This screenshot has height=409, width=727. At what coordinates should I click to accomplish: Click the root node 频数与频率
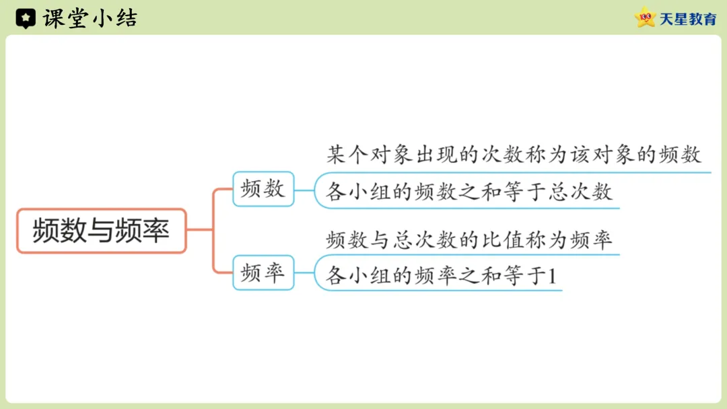coord(101,231)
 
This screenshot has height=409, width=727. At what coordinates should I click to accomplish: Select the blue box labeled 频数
coord(263,189)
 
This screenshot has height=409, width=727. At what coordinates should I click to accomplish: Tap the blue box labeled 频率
coord(263,273)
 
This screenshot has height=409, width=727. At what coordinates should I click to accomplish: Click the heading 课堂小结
coord(90,18)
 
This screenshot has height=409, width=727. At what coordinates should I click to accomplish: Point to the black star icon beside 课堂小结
coord(26,19)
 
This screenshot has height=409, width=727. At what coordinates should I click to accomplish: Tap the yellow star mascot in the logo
coord(646,17)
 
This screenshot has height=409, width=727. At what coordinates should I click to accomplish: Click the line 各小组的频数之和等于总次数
coord(469,192)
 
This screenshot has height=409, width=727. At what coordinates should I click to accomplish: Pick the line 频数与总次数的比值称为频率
coord(469,239)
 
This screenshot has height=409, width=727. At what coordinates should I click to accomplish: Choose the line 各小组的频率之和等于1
coord(442,276)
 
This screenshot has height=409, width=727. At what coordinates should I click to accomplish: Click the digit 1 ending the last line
coord(553,276)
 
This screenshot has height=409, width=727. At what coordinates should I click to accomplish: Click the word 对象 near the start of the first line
coord(392,155)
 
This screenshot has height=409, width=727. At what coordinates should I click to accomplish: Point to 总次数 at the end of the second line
coord(580,192)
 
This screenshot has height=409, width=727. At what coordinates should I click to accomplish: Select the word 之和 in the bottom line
coord(481,276)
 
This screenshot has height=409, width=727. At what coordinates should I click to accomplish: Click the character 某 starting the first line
coord(337,155)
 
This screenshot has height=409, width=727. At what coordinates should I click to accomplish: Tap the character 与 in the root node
coord(101,231)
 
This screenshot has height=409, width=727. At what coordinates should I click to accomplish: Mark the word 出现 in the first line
coord(436,155)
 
